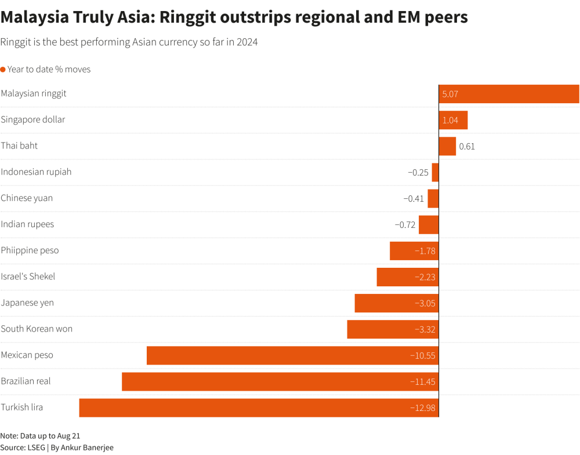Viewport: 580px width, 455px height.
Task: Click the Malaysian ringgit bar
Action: tap(509, 94)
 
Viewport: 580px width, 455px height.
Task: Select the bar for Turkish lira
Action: tap(259, 407)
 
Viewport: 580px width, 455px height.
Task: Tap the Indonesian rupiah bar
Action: tap(435, 172)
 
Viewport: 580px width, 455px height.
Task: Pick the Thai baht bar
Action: tap(447, 146)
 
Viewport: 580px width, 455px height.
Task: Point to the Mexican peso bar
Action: tap(292, 355)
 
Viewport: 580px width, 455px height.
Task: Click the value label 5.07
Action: tap(450, 94)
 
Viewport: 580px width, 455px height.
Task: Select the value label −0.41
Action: tap(414, 198)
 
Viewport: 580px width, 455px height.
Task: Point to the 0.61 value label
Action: tap(467, 146)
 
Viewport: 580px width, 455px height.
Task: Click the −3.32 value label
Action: tap(425, 329)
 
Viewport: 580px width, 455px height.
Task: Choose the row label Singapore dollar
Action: tap(33, 119)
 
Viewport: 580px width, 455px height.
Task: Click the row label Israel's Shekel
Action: tap(28, 276)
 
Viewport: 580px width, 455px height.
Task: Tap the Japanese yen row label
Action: tap(27, 303)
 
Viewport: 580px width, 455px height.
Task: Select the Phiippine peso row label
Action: tap(30, 250)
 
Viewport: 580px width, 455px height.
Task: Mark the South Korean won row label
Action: tap(37, 329)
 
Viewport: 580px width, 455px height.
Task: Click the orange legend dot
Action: tap(3, 70)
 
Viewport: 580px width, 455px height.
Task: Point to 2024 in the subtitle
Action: tap(246, 42)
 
